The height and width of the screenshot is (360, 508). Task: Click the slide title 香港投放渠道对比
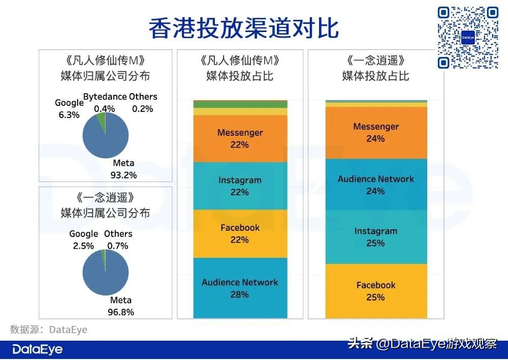point(244,28)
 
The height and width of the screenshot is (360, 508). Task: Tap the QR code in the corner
point(468,37)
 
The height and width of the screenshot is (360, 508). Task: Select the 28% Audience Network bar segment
point(240,288)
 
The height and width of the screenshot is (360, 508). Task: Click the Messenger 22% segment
point(240,138)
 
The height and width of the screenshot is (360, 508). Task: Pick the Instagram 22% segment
point(240,186)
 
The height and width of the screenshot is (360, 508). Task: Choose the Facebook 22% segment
point(240,233)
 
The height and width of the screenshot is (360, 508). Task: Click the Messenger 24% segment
point(376,132)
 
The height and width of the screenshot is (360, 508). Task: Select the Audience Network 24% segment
point(376,185)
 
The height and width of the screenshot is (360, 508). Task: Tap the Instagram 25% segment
point(376,236)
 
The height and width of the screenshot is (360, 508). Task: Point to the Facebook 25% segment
point(376,291)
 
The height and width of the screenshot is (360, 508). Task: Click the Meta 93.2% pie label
point(123,169)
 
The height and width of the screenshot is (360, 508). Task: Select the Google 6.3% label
point(69,109)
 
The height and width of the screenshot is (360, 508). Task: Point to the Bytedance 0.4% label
point(105,102)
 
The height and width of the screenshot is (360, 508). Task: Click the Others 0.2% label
point(143,102)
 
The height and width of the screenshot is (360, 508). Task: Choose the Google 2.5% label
point(83,239)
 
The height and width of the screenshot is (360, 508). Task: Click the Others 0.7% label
point(118,239)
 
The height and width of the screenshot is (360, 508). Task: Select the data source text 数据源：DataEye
point(49,329)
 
